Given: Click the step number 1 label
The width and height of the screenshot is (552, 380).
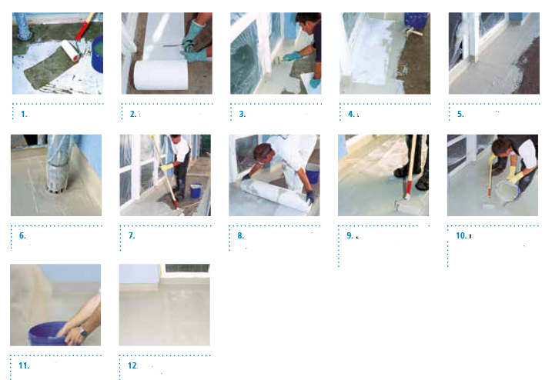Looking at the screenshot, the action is point(24,114).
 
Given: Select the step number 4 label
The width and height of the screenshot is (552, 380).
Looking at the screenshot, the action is point(351,114).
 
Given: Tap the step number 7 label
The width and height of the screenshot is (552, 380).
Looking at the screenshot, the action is point(132,235).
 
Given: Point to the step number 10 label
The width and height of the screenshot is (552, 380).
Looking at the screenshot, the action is point(461,235).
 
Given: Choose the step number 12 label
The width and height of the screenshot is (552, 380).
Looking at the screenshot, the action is point(132,365).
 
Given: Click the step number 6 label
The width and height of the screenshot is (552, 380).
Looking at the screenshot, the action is point(22,235).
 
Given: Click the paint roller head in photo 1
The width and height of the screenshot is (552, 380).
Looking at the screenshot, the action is point(70,50).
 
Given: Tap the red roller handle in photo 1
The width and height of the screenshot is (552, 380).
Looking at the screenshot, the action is point(85,26).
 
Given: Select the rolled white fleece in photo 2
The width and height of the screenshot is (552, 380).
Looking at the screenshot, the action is point(160,75).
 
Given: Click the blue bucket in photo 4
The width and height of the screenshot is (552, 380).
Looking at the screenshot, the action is point(416,21).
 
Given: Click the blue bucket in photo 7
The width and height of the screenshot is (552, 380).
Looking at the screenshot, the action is point(196,191).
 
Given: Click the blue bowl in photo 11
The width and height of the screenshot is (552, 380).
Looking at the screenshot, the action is point(49,335).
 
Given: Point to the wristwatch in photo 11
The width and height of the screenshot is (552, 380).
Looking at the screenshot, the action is point(83,331).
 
